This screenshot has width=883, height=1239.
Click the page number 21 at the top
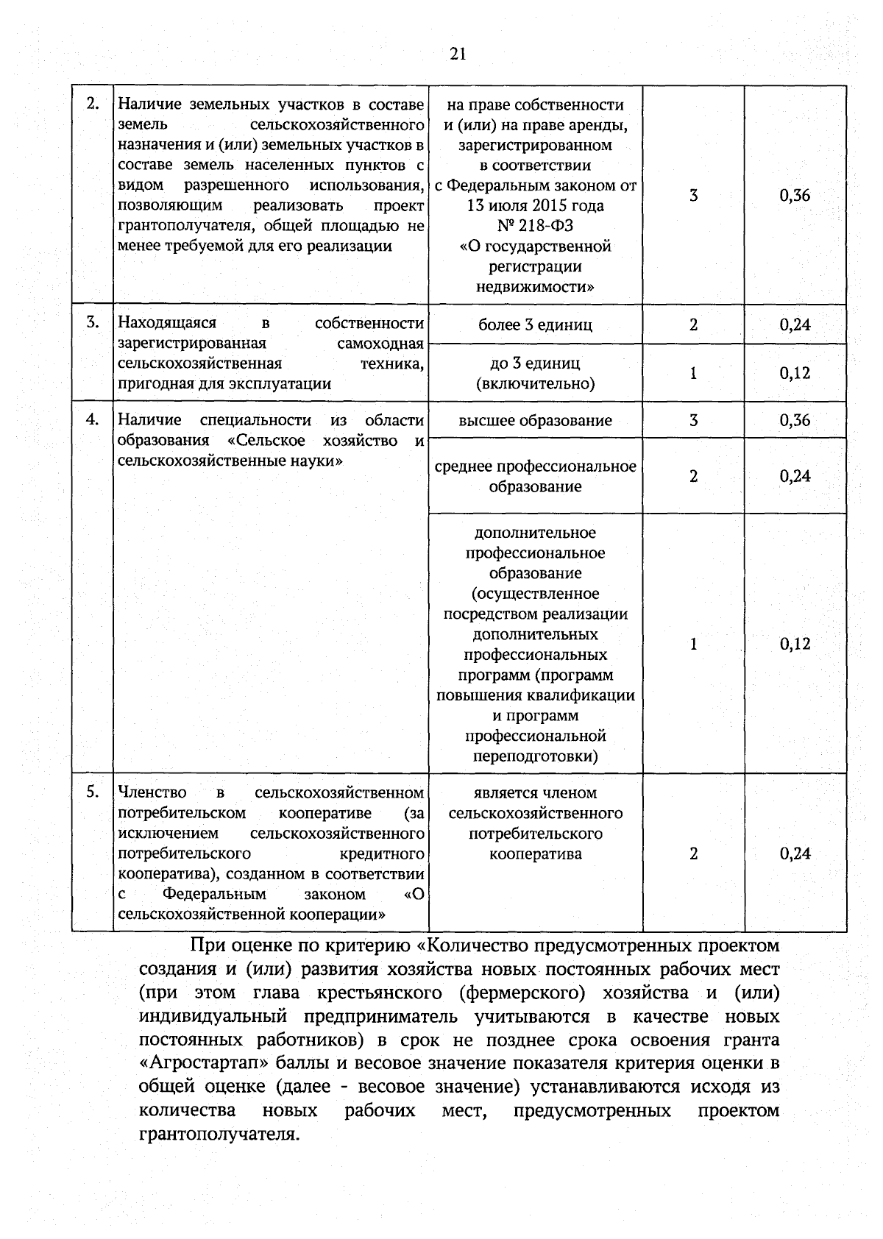[x=458, y=54]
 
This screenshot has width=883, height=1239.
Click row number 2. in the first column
[x=93, y=104]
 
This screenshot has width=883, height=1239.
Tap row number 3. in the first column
[x=93, y=322]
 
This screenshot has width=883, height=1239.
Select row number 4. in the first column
[x=93, y=419]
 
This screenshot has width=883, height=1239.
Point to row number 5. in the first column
[x=93, y=792]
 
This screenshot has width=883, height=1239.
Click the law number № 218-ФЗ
[x=535, y=225]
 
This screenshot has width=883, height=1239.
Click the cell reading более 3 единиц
[x=535, y=324]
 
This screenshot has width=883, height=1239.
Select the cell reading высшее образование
[x=535, y=421]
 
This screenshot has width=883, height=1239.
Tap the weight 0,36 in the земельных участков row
[x=795, y=195]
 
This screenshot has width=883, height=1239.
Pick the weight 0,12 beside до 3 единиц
[x=795, y=373]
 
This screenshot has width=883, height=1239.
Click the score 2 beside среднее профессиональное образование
[x=693, y=476]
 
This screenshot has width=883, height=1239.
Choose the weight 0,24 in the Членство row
[x=795, y=853]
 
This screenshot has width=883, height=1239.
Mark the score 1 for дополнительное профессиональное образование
[x=693, y=644]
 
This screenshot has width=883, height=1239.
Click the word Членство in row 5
[x=152, y=792]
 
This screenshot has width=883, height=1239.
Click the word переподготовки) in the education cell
[x=535, y=756]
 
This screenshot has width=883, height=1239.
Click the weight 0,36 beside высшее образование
[x=795, y=420]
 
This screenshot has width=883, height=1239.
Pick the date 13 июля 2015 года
[x=535, y=205]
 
